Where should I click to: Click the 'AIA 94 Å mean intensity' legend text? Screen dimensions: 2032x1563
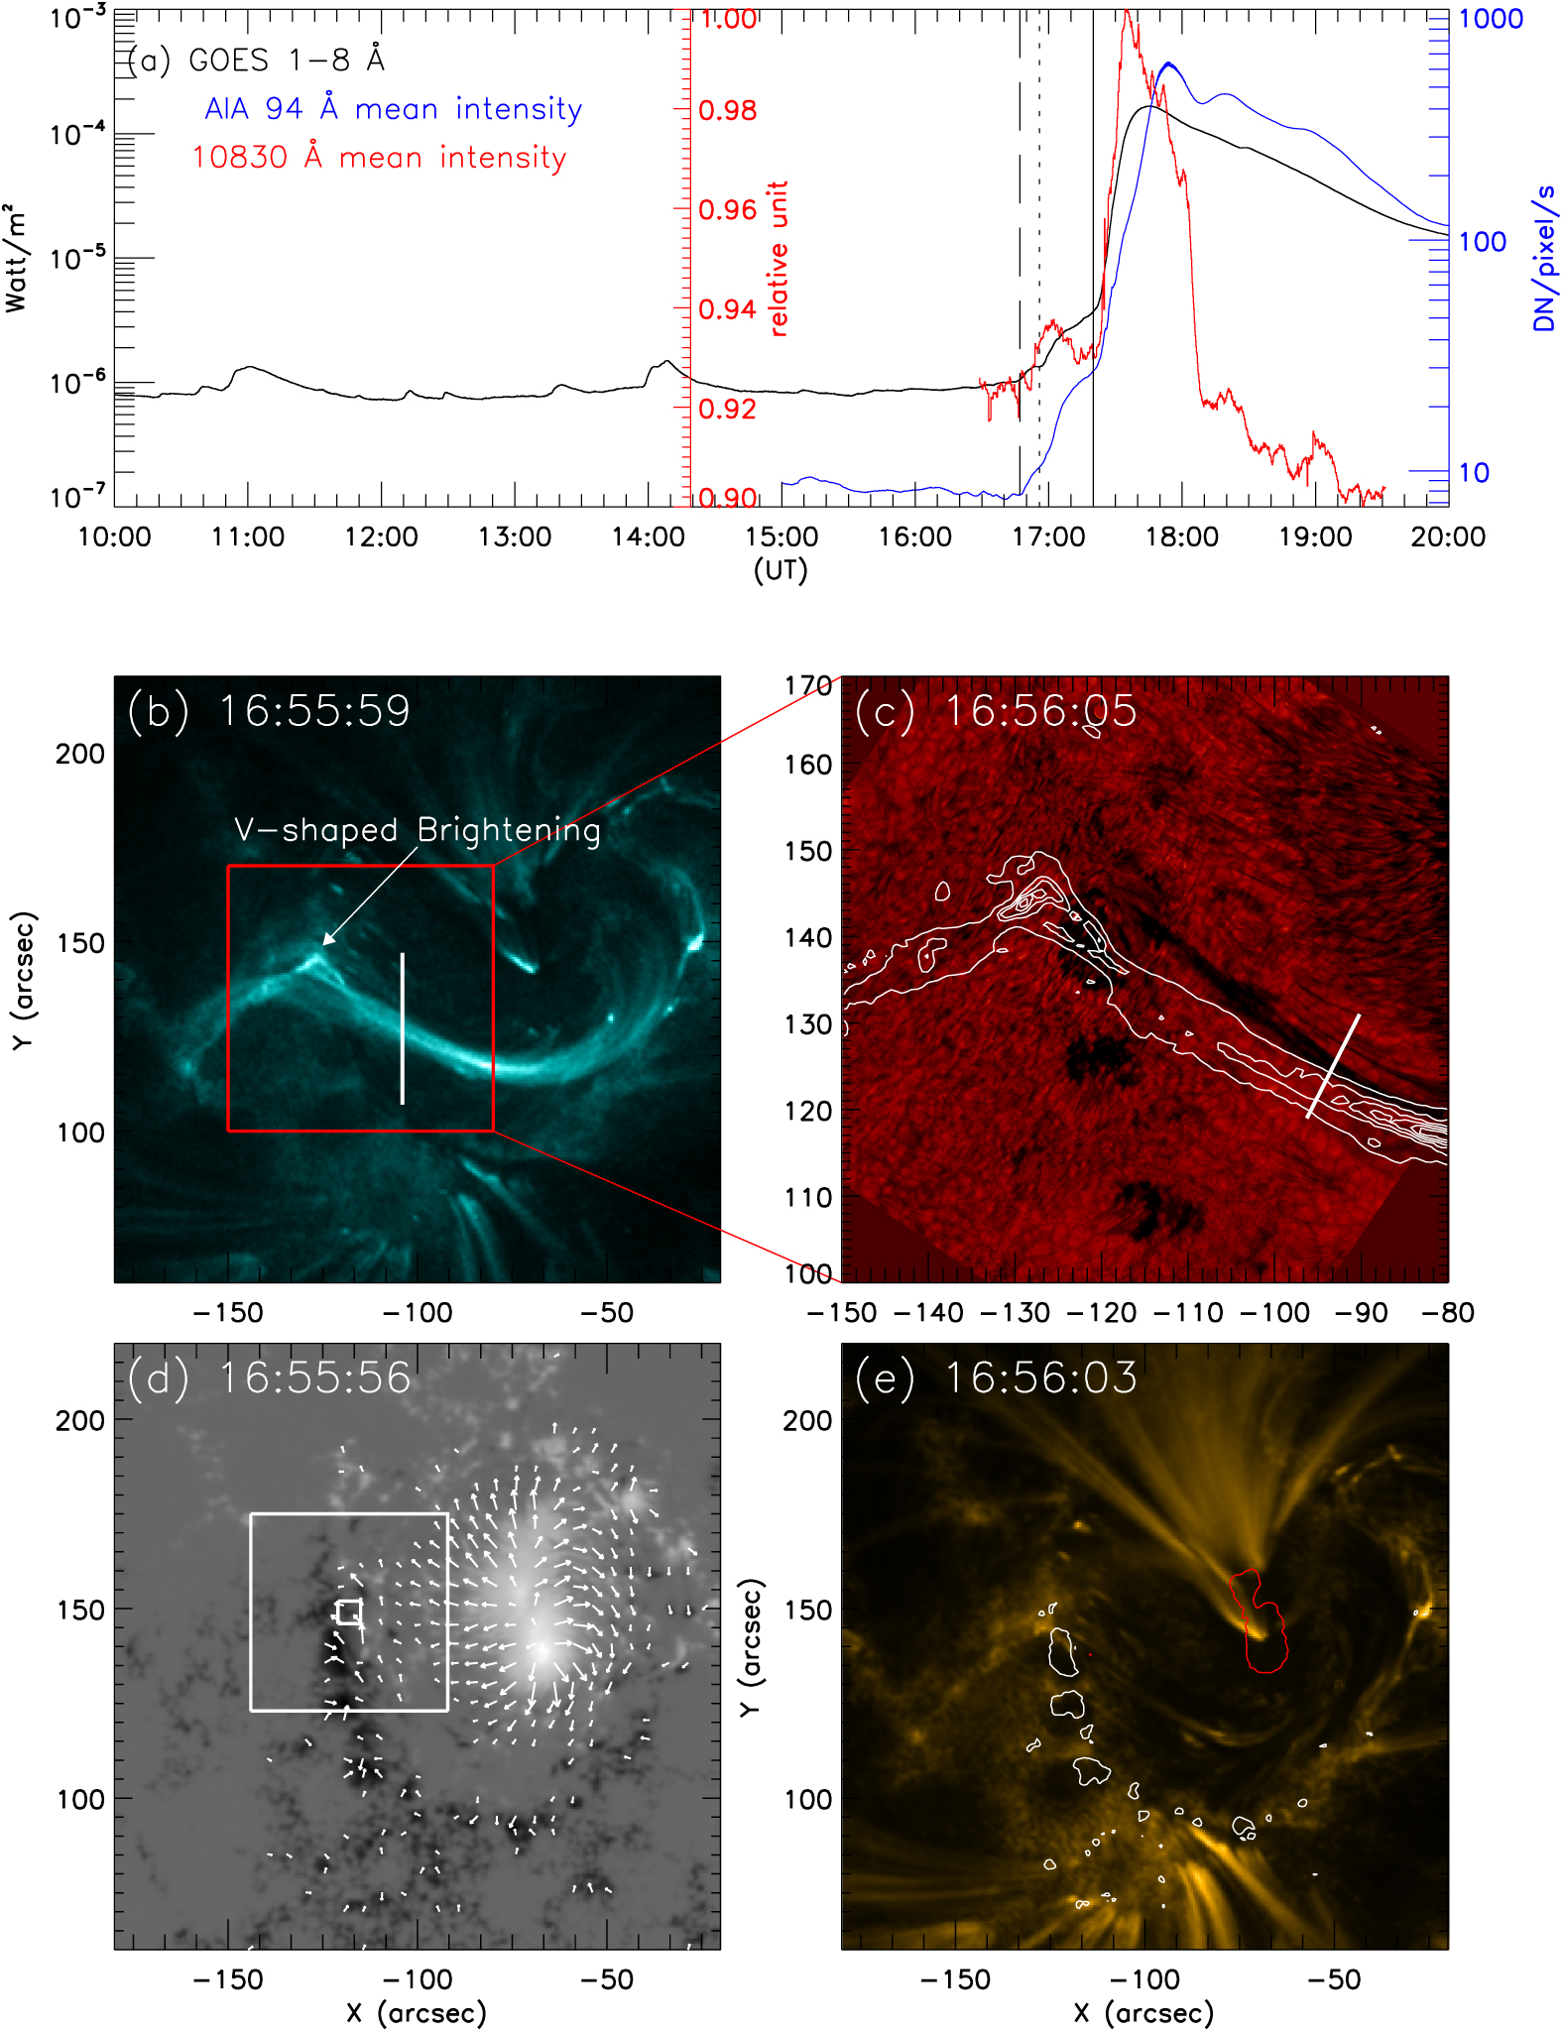[393, 108]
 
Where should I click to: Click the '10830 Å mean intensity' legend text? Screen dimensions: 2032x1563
[379, 157]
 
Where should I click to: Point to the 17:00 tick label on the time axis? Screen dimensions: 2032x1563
[1047, 538]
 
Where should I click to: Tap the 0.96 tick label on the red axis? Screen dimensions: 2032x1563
[727, 210]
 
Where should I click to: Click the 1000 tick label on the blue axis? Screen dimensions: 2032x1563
[1490, 19]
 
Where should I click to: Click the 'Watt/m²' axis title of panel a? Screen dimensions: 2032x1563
[15, 259]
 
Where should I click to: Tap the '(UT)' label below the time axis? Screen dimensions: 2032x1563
[781, 570]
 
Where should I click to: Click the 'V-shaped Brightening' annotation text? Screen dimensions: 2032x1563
[417, 830]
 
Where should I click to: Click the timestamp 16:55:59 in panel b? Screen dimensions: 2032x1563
[313, 711]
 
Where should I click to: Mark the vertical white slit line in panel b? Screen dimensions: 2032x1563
[402, 1028]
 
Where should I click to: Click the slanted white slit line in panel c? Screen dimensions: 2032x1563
[1333, 1066]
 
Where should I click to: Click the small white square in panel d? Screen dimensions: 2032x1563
[348, 1612]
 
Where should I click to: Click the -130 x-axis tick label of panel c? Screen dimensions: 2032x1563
[1015, 1313]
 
